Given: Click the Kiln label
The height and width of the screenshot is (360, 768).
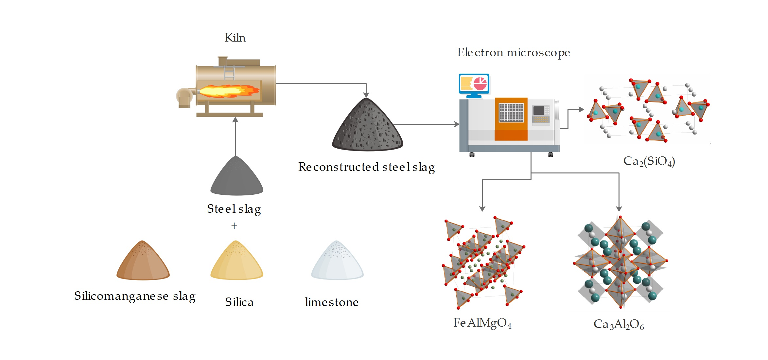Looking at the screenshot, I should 235,38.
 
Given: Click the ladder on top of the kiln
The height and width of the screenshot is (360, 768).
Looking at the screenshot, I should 229,73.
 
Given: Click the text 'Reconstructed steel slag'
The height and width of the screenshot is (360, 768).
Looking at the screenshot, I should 366,167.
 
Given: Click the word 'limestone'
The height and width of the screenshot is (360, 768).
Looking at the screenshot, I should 331,302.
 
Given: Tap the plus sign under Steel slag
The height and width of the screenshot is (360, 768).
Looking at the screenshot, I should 234,226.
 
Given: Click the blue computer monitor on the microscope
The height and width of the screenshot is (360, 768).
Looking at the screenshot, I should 474,84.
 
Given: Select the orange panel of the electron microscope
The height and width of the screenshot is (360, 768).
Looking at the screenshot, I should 511,118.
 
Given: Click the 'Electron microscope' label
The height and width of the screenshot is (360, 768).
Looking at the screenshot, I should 514,52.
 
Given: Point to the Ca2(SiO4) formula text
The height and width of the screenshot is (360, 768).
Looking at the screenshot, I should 649,161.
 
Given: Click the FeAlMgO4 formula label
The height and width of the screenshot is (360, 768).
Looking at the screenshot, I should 482,323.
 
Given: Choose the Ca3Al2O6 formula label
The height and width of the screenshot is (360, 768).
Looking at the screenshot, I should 619,324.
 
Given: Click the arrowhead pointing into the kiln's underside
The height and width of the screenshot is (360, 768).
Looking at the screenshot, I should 235,120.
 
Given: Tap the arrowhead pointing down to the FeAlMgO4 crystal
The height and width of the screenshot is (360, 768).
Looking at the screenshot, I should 482,209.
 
